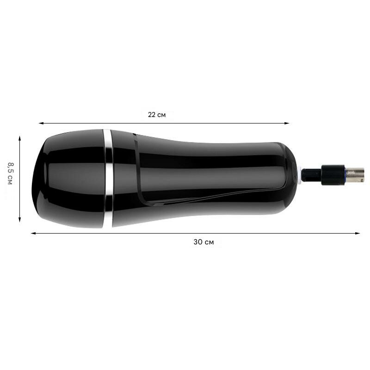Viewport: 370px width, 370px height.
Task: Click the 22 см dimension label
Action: click(x=157, y=115)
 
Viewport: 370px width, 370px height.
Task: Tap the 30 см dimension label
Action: click(x=203, y=242)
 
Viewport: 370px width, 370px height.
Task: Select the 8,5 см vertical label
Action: click(x=10, y=173)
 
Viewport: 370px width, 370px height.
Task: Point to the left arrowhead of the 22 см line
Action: click(x=41, y=123)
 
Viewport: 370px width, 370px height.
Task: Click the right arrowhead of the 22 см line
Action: click(x=287, y=123)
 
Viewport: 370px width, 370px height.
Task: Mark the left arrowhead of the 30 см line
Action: click(x=33, y=234)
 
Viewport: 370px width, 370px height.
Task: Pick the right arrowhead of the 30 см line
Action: click(x=358, y=234)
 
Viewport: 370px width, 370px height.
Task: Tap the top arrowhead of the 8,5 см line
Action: click(x=20, y=138)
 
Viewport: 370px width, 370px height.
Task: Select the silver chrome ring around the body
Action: click(x=108, y=178)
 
